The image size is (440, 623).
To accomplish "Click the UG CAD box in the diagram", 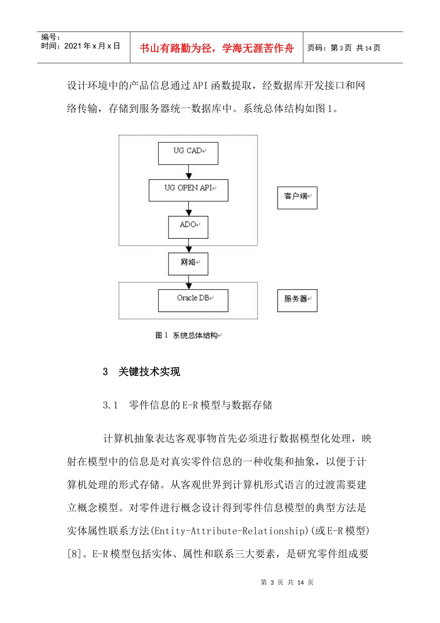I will pyautogui.click(x=188, y=153).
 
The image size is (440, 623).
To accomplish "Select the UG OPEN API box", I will pyautogui.click(x=189, y=190).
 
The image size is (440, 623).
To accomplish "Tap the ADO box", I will pyautogui.click(x=188, y=227).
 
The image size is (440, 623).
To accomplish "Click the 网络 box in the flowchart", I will pyautogui.click(x=188, y=264).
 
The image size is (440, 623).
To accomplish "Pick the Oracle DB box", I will pyautogui.click(x=193, y=300).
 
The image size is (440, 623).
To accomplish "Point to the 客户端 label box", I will pyautogui.click(x=297, y=198).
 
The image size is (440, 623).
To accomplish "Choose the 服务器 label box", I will pyautogui.click(x=297, y=300).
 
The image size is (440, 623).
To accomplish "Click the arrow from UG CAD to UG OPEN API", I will pyautogui.click(x=189, y=172).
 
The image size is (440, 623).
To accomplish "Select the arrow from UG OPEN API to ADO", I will pyautogui.click(x=189, y=209).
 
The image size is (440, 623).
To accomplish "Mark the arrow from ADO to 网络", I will pyautogui.click(x=189, y=246).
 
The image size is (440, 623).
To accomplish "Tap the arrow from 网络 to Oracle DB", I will pyautogui.click(x=189, y=282).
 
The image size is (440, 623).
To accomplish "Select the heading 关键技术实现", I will pyautogui.click(x=149, y=372).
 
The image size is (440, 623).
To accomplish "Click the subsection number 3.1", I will pyautogui.click(x=110, y=406).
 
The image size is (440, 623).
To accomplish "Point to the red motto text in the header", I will pyautogui.click(x=217, y=48).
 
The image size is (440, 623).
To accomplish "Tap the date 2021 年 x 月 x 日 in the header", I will pyautogui.click(x=92, y=46).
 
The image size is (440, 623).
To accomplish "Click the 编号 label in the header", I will pyautogui.click(x=50, y=37).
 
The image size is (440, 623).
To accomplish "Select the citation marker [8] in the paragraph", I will pyautogui.click(x=74, y=554).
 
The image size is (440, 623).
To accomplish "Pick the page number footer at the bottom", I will pyautogui.click(x=287, y=583).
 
